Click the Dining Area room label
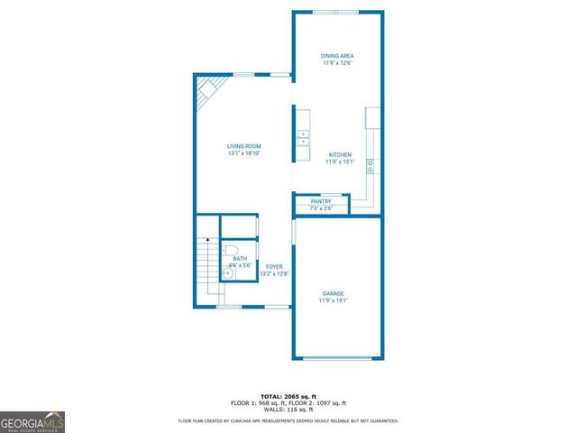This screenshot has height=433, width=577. click(x=337, y=56)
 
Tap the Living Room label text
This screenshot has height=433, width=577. click(x=243, y=146)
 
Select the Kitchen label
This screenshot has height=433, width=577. click(x=340, y=155)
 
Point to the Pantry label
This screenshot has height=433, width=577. click(x=321, y=201)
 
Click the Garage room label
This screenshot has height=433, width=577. click(x=334, y=293)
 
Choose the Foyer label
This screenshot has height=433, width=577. click(x=274, y=266)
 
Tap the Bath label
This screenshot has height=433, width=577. click(x=240, y=259)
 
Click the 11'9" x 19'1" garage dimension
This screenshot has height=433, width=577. click(x=334, y=300)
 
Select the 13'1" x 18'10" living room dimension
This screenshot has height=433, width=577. click(x=243, y=153)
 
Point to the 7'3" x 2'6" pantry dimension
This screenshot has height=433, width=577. click(x=321, y=208)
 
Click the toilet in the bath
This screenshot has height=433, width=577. click(x=230, y=250)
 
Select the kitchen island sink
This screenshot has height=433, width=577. click(x=304, y=137)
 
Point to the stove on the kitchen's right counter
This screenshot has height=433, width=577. click(x=371, y=166)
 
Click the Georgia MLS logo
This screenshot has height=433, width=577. click(x=32, y=422)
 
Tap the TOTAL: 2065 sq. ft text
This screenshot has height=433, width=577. click(x=288, y=396)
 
